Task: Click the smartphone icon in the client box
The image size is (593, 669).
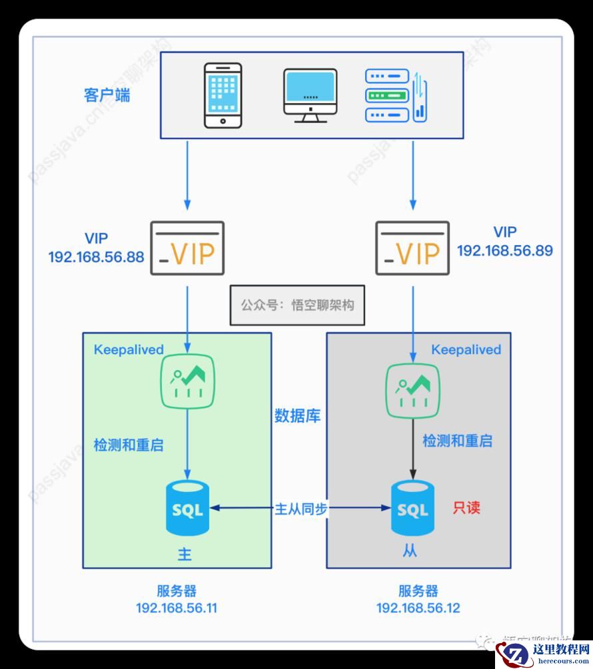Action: pos(222,95)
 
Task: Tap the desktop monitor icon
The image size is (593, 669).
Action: pos(310,95)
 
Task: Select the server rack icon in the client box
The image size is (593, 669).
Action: pos(396,95)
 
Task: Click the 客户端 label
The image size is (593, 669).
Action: pos(107,95)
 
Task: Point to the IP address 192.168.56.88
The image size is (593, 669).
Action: pos(96,257)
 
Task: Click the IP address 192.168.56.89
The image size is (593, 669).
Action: pos(505,251)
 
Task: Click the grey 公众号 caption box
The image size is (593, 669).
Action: pos(297,306)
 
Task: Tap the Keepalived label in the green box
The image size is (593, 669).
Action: pos(129,349)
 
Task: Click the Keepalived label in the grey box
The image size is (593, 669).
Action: pos(466,349)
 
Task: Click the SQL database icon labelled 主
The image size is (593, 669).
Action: pos(187,509)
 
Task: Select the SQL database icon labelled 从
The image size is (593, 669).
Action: pos(412,509)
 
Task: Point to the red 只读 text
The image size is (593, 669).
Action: pos(466,508)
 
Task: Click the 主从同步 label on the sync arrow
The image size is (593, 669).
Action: pos(300,509)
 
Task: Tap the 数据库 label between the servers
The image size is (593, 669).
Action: pos(298,417)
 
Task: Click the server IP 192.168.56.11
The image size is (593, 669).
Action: pos(177,608)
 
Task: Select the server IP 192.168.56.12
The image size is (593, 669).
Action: pos(418,608)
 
